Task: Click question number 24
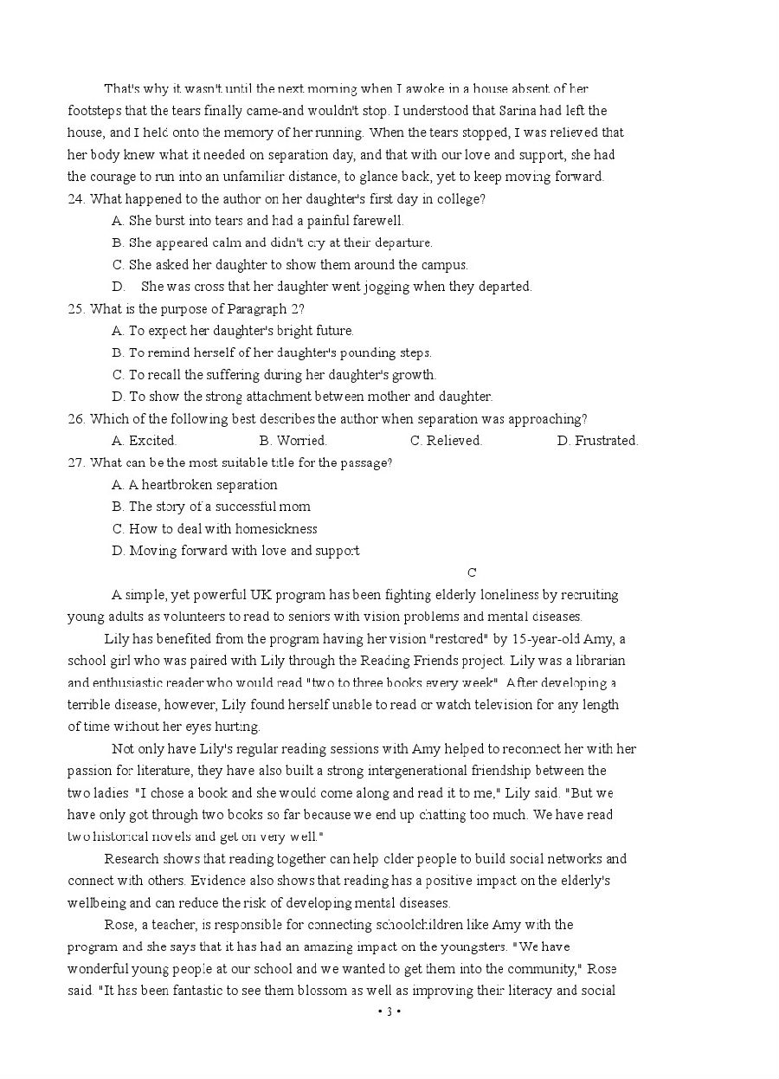coord(76,198)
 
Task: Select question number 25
coord(76,308)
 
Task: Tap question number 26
coord(76,418)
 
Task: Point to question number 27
coord(76,462)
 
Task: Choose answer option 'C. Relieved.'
coord(446,441)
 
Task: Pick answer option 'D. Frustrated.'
coord(597,441)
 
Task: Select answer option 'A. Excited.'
coord(144,441)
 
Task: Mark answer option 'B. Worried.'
coord(293,441)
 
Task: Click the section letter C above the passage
coord(472,572)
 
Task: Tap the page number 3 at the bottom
coord(389,1011)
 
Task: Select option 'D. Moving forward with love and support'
coord(235,551)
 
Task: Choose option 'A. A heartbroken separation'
coord(195,485)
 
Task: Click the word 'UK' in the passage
coord(261,595)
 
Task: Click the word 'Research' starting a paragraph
coord(131,859)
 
